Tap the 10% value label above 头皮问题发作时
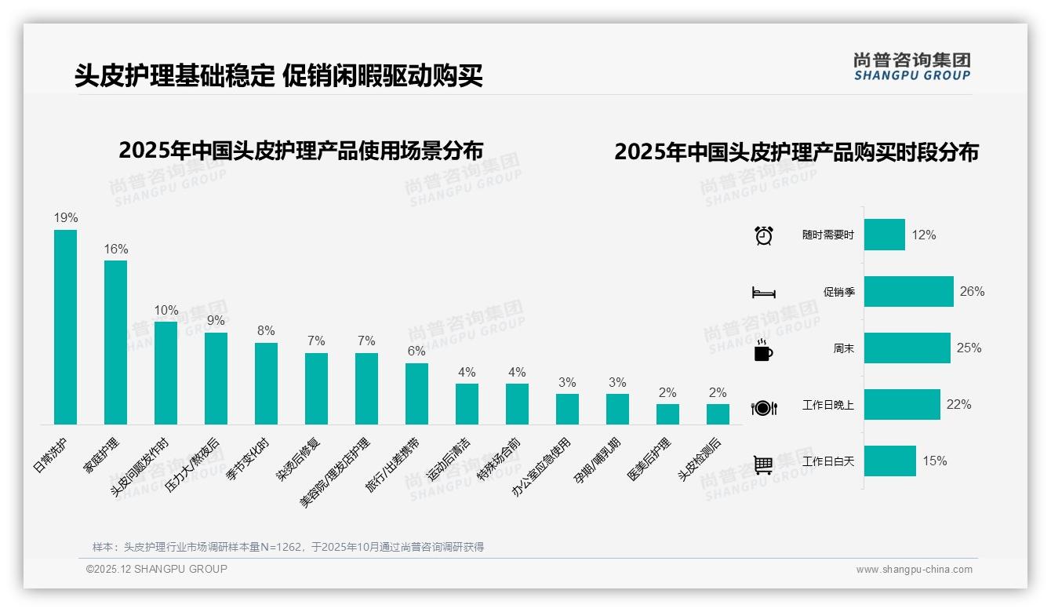click(x=166, y=311)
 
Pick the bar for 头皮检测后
click(x=718, y=413)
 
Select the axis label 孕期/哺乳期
click(x=600, y=463)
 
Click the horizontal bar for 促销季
click(x=908, y=291)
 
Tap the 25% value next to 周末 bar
click(x=969, y=348)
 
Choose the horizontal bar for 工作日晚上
click(x=902, y=404)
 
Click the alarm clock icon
click(x=763, y=235)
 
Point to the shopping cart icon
click(x=763, y=464)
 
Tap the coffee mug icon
click(x=763, y=350)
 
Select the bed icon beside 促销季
click(x=763, y=293)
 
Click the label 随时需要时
click(x=827, y=235)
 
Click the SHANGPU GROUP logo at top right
click(x=911, y=66)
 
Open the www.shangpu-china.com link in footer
click(x=914, y=570)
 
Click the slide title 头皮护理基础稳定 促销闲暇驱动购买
click(x=278, y=75)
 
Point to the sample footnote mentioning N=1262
click(x=288, y=547)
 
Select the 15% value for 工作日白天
click(x=934, y=461)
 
